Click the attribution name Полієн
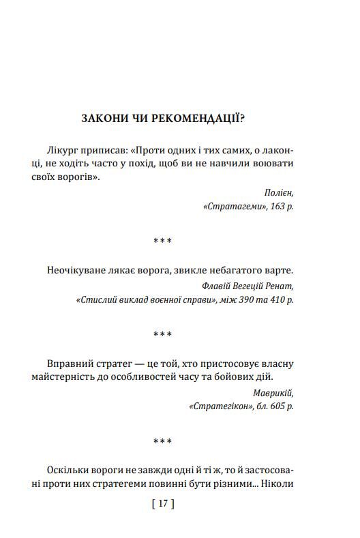(x=281, y=193)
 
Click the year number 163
(x=277, y=206)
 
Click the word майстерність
(x=79, y=378)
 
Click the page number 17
(x=162, y=505)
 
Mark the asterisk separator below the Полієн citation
(x=162, y=241)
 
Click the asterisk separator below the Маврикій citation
(x=162, y=441)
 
